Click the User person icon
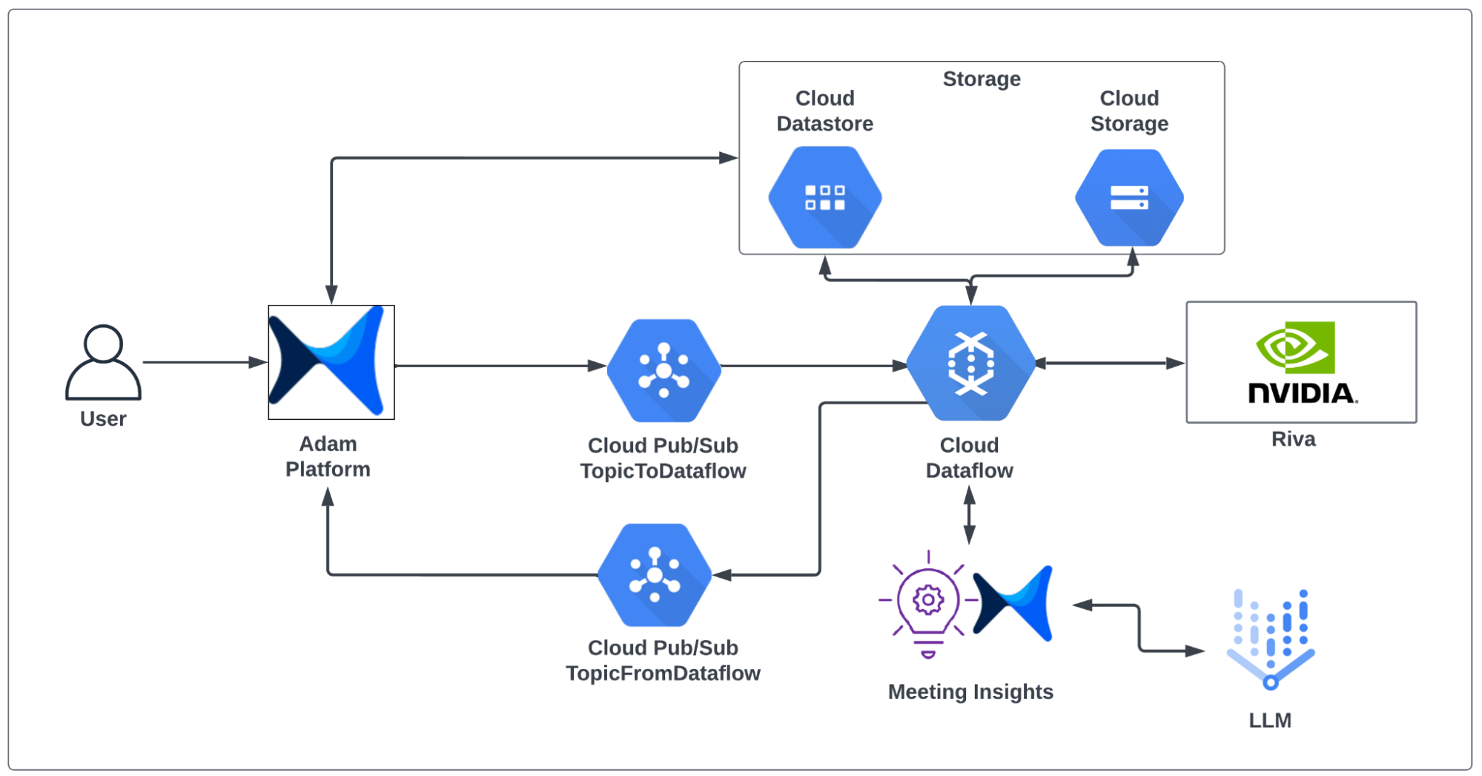pos(103,362)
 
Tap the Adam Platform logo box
pos(331,362)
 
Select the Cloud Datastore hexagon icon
pos(824,197)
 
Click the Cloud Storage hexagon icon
pos(1128,197)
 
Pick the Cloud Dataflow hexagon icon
pos(970,364)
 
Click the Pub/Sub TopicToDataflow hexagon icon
pos(664,369)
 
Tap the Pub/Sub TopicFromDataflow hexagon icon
pos(654,575)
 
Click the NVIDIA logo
pos(1301,362)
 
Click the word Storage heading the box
pos(981,79)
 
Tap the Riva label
pos(1293,439)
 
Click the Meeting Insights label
pos(970,691)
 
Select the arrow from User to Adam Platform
pos(204,362)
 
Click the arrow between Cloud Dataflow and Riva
pos(1110,364)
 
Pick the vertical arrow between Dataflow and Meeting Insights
pos(969,516)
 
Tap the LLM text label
pos(1269,720)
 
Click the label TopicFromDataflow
pos(663,673)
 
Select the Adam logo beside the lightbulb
pos(1013,602)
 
